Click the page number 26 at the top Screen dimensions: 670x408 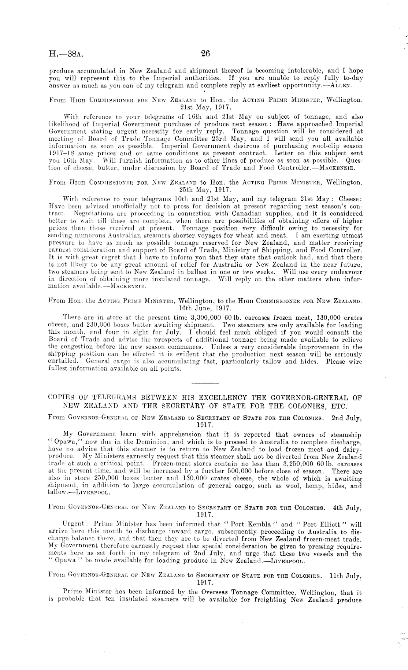coord(205,54)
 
